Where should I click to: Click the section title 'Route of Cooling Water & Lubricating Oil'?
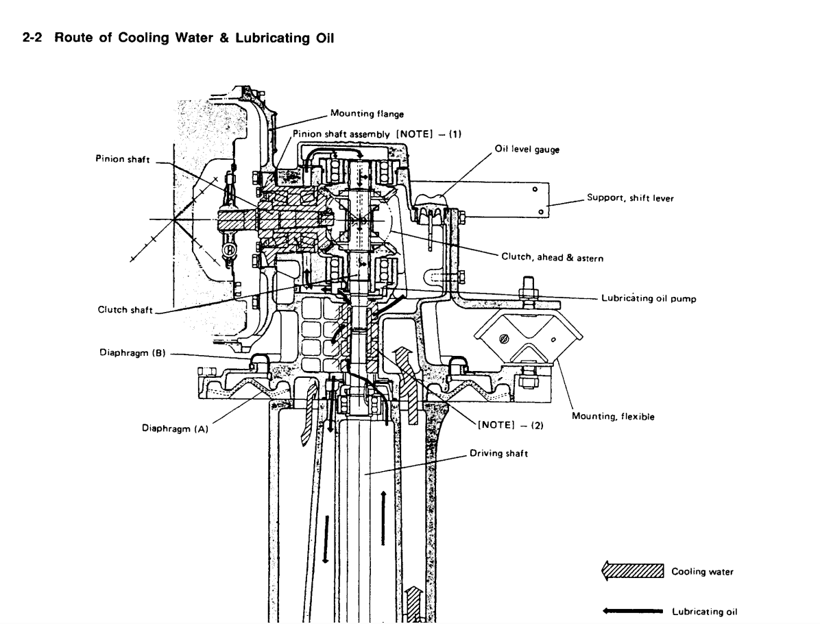tap(194, 38)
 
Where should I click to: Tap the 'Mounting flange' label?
tap(367, 114)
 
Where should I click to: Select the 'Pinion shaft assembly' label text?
tap(341, 134)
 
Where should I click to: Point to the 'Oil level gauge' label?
tap(527, 149)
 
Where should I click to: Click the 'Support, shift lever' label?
tap(630, 197)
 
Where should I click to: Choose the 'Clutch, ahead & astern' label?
tap(552, 257)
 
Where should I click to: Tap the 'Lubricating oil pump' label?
tap(649, 298)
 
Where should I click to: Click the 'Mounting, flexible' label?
tap(613, 416)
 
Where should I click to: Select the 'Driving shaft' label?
tap(499, 453)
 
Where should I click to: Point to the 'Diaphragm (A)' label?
tap(176, 429)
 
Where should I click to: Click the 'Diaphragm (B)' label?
tap(133, 352)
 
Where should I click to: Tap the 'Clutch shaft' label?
tap(125, 310)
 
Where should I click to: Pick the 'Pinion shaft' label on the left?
tap(122, 159)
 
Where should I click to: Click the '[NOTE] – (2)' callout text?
tap(511, 424)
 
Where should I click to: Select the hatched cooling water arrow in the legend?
tap(633, 571)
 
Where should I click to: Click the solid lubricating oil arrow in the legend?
tap(633, 611)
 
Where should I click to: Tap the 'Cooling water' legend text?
tap(702, 572)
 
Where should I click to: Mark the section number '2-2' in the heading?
tap(32, 38)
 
